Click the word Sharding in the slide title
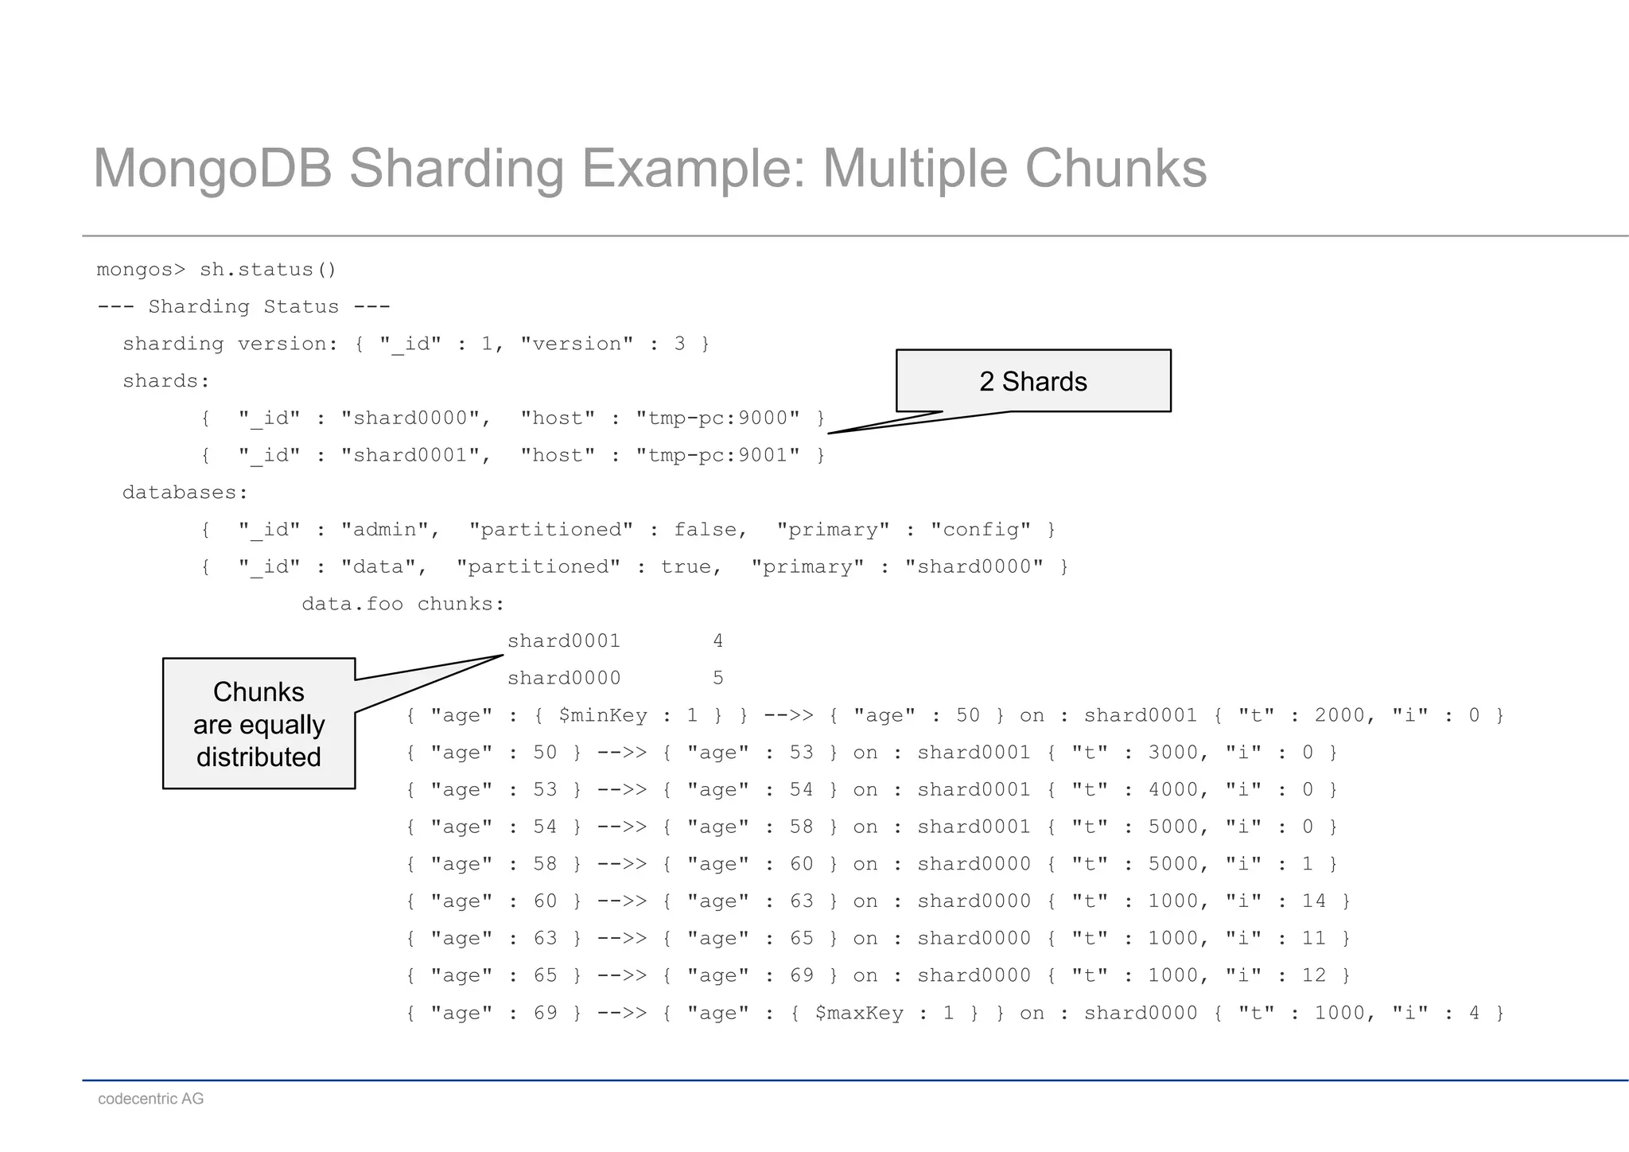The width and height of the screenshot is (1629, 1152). [455, 169]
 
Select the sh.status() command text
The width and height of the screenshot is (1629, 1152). [268, 270]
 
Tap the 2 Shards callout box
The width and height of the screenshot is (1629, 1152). [1033, 381]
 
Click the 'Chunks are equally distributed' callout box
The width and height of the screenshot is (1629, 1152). [259, 724]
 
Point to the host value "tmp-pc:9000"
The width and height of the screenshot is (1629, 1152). [717, 418]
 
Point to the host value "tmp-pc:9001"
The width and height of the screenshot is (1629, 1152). [717, 455]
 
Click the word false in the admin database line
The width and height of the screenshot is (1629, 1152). [710, 530]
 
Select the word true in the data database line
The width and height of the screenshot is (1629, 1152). [690, 567]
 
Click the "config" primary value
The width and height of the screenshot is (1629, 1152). [981, 530]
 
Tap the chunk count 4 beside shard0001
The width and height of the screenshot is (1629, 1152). [717, 641]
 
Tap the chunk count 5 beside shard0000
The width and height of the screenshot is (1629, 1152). [717, 679]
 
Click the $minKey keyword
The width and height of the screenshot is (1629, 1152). [603, 716]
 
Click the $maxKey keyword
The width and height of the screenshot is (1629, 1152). [859, 1014]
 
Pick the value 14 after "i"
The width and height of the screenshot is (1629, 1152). [1314, 901]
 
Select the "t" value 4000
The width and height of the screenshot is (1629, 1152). [1173, 790]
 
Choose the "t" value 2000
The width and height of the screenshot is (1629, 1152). [1340, 716]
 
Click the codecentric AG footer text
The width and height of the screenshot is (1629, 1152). [151, 1099]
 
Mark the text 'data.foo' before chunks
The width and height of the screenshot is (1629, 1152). [352, 605]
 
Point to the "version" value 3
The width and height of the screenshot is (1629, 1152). [679, 344]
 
